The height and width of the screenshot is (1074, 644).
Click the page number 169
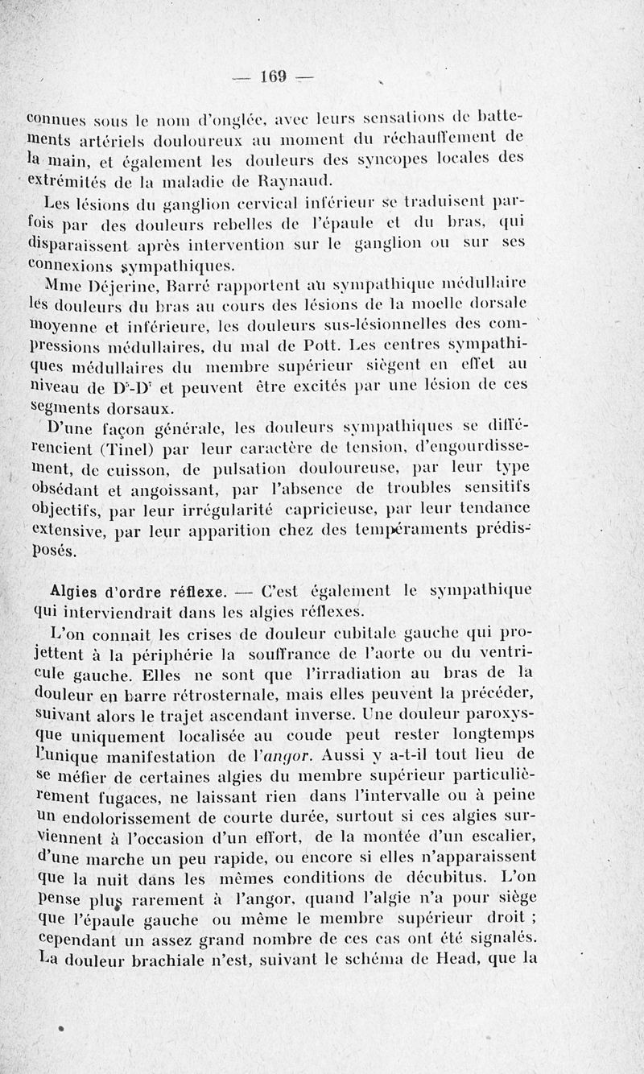(275, 77)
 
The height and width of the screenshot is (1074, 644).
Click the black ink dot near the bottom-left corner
(61, 1027)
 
